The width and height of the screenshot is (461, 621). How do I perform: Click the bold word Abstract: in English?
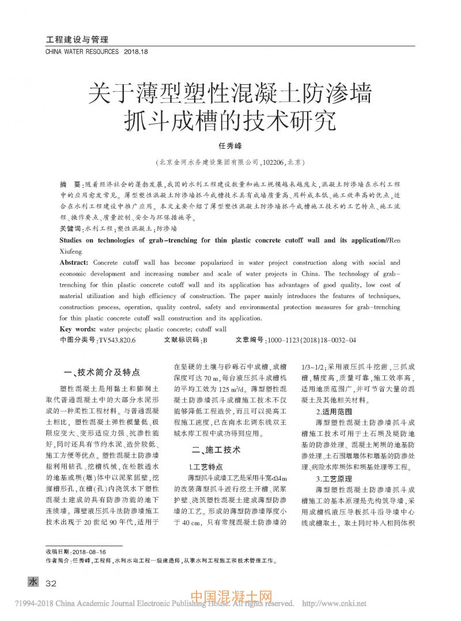tap(74, 262)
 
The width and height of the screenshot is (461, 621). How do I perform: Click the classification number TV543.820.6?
tap(118, 340)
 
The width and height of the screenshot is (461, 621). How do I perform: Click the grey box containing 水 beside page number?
tap(32, 582)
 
